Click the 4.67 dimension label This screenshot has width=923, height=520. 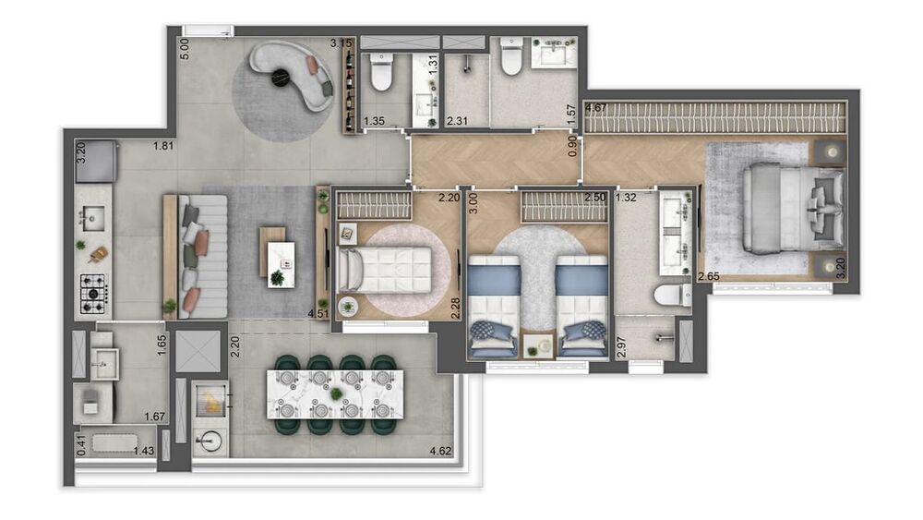[x=596, y=107]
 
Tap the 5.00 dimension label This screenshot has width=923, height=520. [x=185, y=48]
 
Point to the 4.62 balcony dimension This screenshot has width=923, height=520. [x=440, y=451]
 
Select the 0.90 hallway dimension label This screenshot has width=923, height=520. [x=573, y=147]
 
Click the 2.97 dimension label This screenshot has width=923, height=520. [x=621, y=348]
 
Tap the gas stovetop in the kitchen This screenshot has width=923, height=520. [x=93, y=294]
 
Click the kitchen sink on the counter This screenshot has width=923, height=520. [x=93, y=219]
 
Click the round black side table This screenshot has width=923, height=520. [x=281, y=78]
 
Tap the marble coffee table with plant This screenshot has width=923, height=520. [x=281, y=265]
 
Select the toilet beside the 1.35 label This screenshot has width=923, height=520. [x=381, y=72]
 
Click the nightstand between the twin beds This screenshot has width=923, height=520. [x=539, y=345]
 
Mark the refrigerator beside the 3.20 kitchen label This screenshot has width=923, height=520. [x=96, y=161]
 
